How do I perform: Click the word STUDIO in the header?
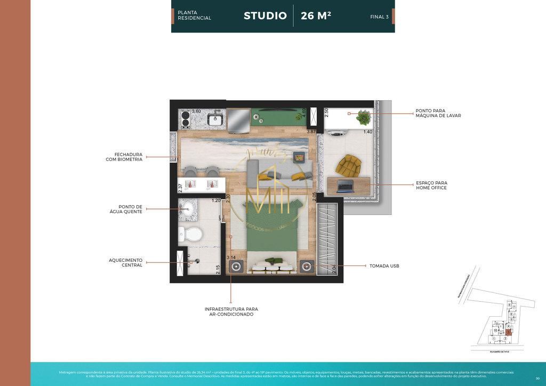pyautogui.click(x=265, y=16)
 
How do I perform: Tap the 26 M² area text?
pyautogui.click(x=316, y=16)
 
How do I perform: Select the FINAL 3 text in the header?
pyautogui.click(x=379, y=17)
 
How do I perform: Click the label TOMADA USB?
pyautogui.click(x=384, y=266)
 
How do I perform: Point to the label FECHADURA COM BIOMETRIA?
pyautogui.click(x=124, y=157)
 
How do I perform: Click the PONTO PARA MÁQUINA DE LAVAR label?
pyautogui.click(x=438, y=113)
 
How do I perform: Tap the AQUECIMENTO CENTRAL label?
pyautogui.click(x=126, y=262)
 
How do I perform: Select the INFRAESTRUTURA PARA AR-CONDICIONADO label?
pyautogui.click(x=231, y=311)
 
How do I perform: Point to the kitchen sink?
pyautogui.click(x=215, y=119)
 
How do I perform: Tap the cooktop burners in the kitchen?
pyautogui.click(x=185, y=119)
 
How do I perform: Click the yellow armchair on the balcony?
pyautogui.click(x=349, y=165)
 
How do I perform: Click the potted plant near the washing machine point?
pyautogui.click(x=364, y=116)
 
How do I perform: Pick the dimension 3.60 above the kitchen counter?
pyautogui.click(x=196, y=111)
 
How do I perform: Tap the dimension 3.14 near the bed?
pyautogui.click(x=231, y=258)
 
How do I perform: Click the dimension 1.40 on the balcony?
pyautogui.click(x=367, y=132)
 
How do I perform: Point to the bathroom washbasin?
pyautogui.click(x=187, y=208)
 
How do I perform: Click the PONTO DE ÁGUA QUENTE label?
pyautogui.click(x=130, y=209)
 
